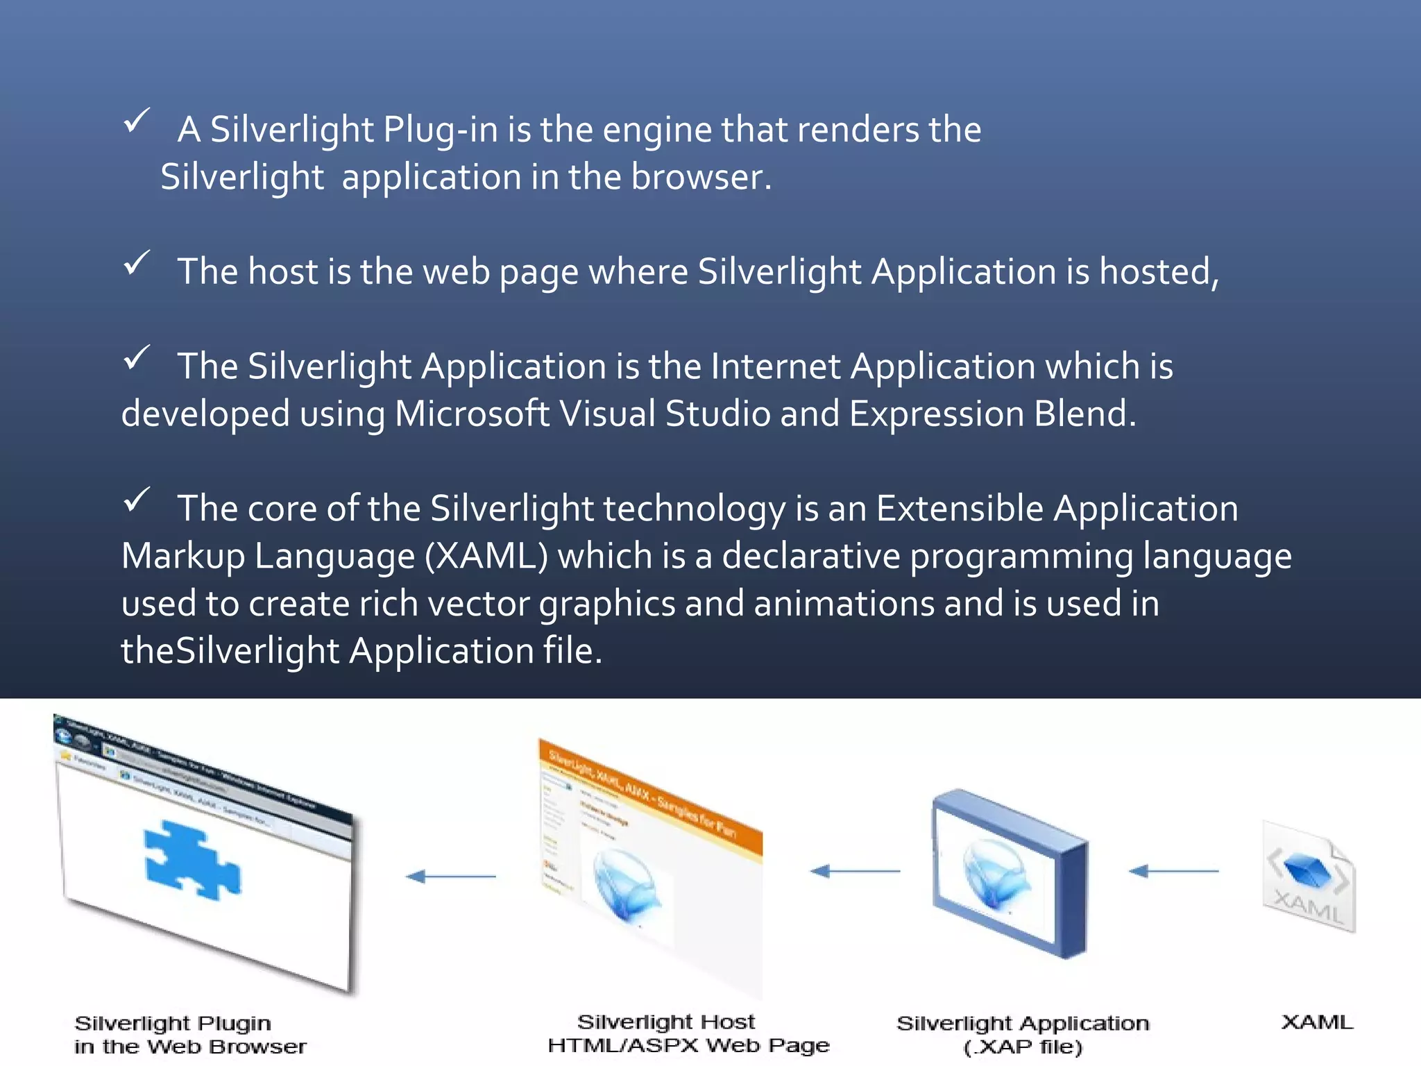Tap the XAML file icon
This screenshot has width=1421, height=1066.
(x=1309, y=877)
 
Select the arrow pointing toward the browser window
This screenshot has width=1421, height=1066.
(x=451, y=877)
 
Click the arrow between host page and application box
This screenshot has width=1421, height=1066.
(x=855, y=870)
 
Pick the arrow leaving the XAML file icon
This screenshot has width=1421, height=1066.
(x=1173, y=870)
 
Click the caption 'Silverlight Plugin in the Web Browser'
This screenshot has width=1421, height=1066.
(x=189, y=1035)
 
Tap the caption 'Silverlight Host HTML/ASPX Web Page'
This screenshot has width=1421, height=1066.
(x=688, y=1033)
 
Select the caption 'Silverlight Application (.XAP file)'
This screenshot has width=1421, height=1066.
(x=1023, y=1035)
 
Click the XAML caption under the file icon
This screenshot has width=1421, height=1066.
(x=1316, y=1022)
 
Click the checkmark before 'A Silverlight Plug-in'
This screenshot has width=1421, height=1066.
(x=137, y=121)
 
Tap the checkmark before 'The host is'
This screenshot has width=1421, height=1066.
(x=137, y=263)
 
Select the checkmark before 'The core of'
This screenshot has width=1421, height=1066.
(x=137, y=500)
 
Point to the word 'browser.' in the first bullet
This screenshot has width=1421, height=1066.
(x=701, y=177)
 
